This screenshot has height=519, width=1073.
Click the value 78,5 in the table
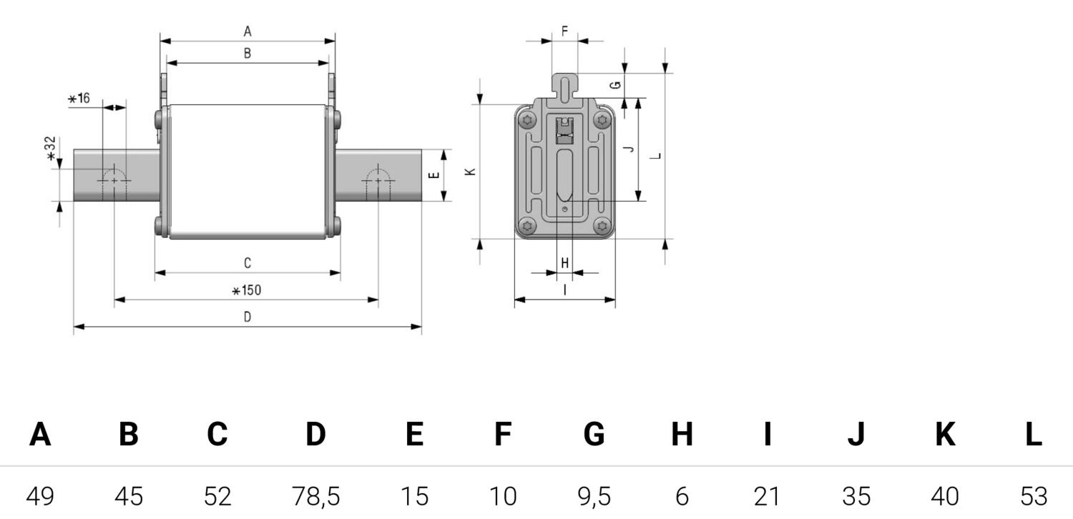point(316,497)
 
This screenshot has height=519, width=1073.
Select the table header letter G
point(594,434)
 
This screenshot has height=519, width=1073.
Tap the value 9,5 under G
point(594,497)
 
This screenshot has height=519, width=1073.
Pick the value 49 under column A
point(40,497)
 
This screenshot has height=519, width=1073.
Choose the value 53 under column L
point(1034,497)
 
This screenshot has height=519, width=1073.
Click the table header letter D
point(315,434)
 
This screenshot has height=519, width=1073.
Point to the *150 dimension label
point(247,290)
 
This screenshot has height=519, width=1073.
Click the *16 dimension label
point(79,98)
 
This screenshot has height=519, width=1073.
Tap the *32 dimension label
point(50,149)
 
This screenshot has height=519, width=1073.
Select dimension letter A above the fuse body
point(248,31)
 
